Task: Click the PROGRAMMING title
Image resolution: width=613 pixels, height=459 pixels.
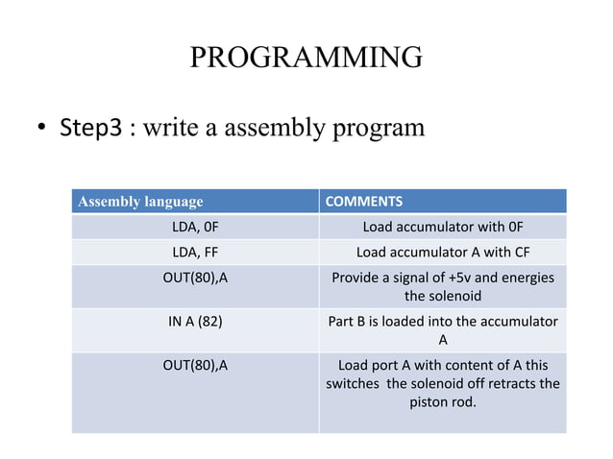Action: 306,57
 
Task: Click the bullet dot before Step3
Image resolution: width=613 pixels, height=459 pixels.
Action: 42,130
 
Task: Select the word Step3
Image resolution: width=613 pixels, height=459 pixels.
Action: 90,129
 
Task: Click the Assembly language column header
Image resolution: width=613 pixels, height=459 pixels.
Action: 140,202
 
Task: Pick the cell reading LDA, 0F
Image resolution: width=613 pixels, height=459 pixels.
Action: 195,228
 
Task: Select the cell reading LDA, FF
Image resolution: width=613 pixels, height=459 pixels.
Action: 195,254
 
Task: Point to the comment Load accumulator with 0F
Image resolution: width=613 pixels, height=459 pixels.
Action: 442,228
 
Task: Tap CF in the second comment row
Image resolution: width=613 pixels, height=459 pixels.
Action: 518,254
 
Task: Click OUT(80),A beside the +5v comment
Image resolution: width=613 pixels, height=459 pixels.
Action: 195,278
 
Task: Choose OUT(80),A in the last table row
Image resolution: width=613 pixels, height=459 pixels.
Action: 195,365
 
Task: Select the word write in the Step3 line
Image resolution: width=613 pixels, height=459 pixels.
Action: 162,129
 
